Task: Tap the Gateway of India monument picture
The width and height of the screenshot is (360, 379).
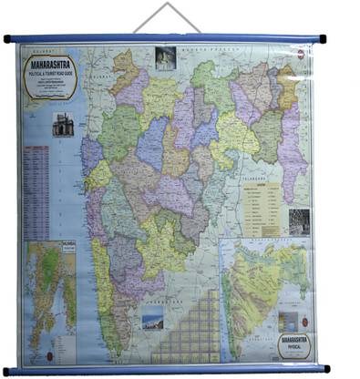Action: click(62, 124)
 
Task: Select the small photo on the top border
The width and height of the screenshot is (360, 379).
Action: click(165, 57)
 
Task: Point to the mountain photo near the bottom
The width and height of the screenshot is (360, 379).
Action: click(153, 318)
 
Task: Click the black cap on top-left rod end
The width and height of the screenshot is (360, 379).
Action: click(7, 38)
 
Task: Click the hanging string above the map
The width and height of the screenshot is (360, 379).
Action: click(164, 16)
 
